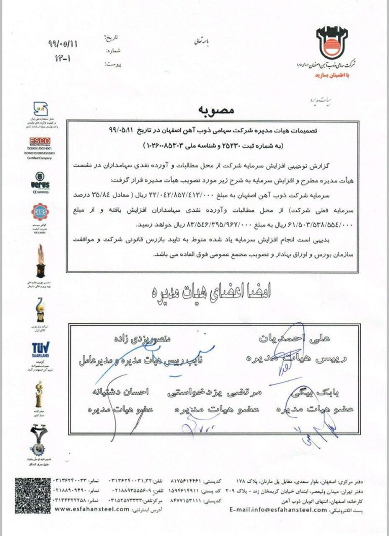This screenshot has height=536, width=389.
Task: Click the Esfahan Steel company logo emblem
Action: (332, 43)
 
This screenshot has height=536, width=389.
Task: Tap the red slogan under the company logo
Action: (333, 74)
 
